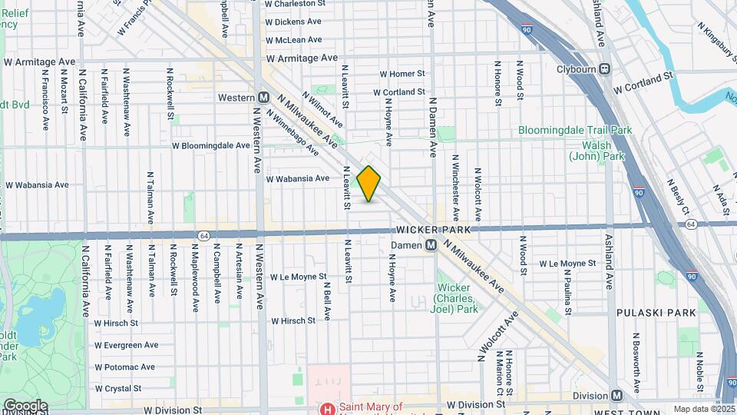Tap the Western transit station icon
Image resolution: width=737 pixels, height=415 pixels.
coord(263,98)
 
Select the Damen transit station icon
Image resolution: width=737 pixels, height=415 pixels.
coord(431,245)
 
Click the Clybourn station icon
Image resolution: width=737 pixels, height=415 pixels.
coord(605,68)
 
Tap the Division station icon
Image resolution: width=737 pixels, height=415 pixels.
coord(617,395)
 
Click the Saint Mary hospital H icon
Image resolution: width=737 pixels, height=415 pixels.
coord(328,409)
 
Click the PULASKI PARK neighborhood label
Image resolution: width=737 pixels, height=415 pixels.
coord(656,313)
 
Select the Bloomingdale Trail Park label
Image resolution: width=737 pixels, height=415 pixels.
coord(575,131)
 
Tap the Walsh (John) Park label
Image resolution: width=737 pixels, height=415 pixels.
coord(590,151)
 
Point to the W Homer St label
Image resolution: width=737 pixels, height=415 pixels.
coord(402,74)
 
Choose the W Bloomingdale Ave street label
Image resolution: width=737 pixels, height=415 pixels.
coord(210,144)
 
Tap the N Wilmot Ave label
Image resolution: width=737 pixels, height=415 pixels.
coord(322,110)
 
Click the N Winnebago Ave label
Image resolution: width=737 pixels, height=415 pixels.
coord(292,131)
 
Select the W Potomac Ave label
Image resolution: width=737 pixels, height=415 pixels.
coord(125,367)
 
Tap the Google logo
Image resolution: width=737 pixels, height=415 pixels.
coord(25,406)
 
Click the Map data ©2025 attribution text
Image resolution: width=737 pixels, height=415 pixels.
coord(702,409)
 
